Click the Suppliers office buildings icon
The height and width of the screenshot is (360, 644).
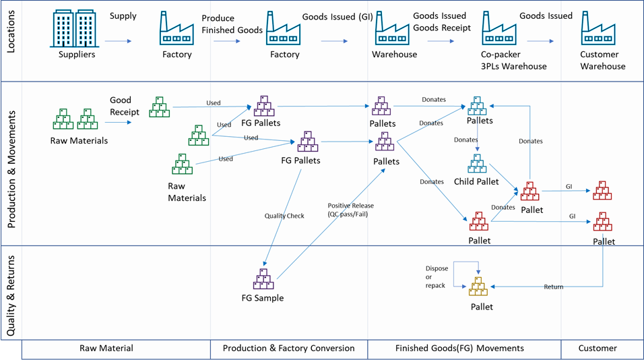pyautogui.click(x=76, y=28)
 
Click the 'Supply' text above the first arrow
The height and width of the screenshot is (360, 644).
pyautogui.click(x=123, y=16)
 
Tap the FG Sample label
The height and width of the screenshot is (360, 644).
pyautogui.click(x=263, y=298)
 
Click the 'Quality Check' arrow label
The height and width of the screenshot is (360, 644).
pyautogui.click(x=284, y=216)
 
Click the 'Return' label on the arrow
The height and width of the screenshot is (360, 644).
pyautogui.click(x=553, y=287)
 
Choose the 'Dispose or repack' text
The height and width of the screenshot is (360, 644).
pyautogui.click(x=437, y=276)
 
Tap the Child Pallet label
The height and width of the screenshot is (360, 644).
pyautogui.click(x=476, y=182)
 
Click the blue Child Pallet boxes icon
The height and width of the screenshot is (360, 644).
pyautogui.click(x=476, y=164)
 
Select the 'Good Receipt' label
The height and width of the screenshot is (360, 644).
pyautogui.click(x=125, y=106)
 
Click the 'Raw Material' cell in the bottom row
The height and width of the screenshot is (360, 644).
pyautogui.click(x=106, y=349)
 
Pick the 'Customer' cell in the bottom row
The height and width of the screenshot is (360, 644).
pyautogui.click(x=598, y=349)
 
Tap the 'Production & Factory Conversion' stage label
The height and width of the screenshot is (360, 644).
pyautogui.click(x=288, y=349)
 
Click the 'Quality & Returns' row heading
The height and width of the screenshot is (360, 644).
pyautogui.click(x=11, y=291)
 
